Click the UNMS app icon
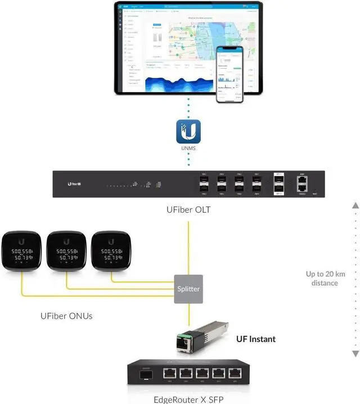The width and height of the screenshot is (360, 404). [x=188, y=131]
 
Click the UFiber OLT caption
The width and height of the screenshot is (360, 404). [x=188, y=210]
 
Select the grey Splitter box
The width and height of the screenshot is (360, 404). [x=188, y=289]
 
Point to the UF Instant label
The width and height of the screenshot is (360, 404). [x=255, y=339]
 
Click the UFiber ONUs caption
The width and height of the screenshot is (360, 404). [x=66, y=316]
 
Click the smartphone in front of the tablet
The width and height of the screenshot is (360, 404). [x=230, y=74]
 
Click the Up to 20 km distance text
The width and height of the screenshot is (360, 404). [x=325, y=279]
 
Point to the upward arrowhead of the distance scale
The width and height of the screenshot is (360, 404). [x=355, y=206]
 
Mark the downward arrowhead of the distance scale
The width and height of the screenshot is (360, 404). [x=355, y=353]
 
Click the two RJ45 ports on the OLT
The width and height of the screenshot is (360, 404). [x=303, y=183]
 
